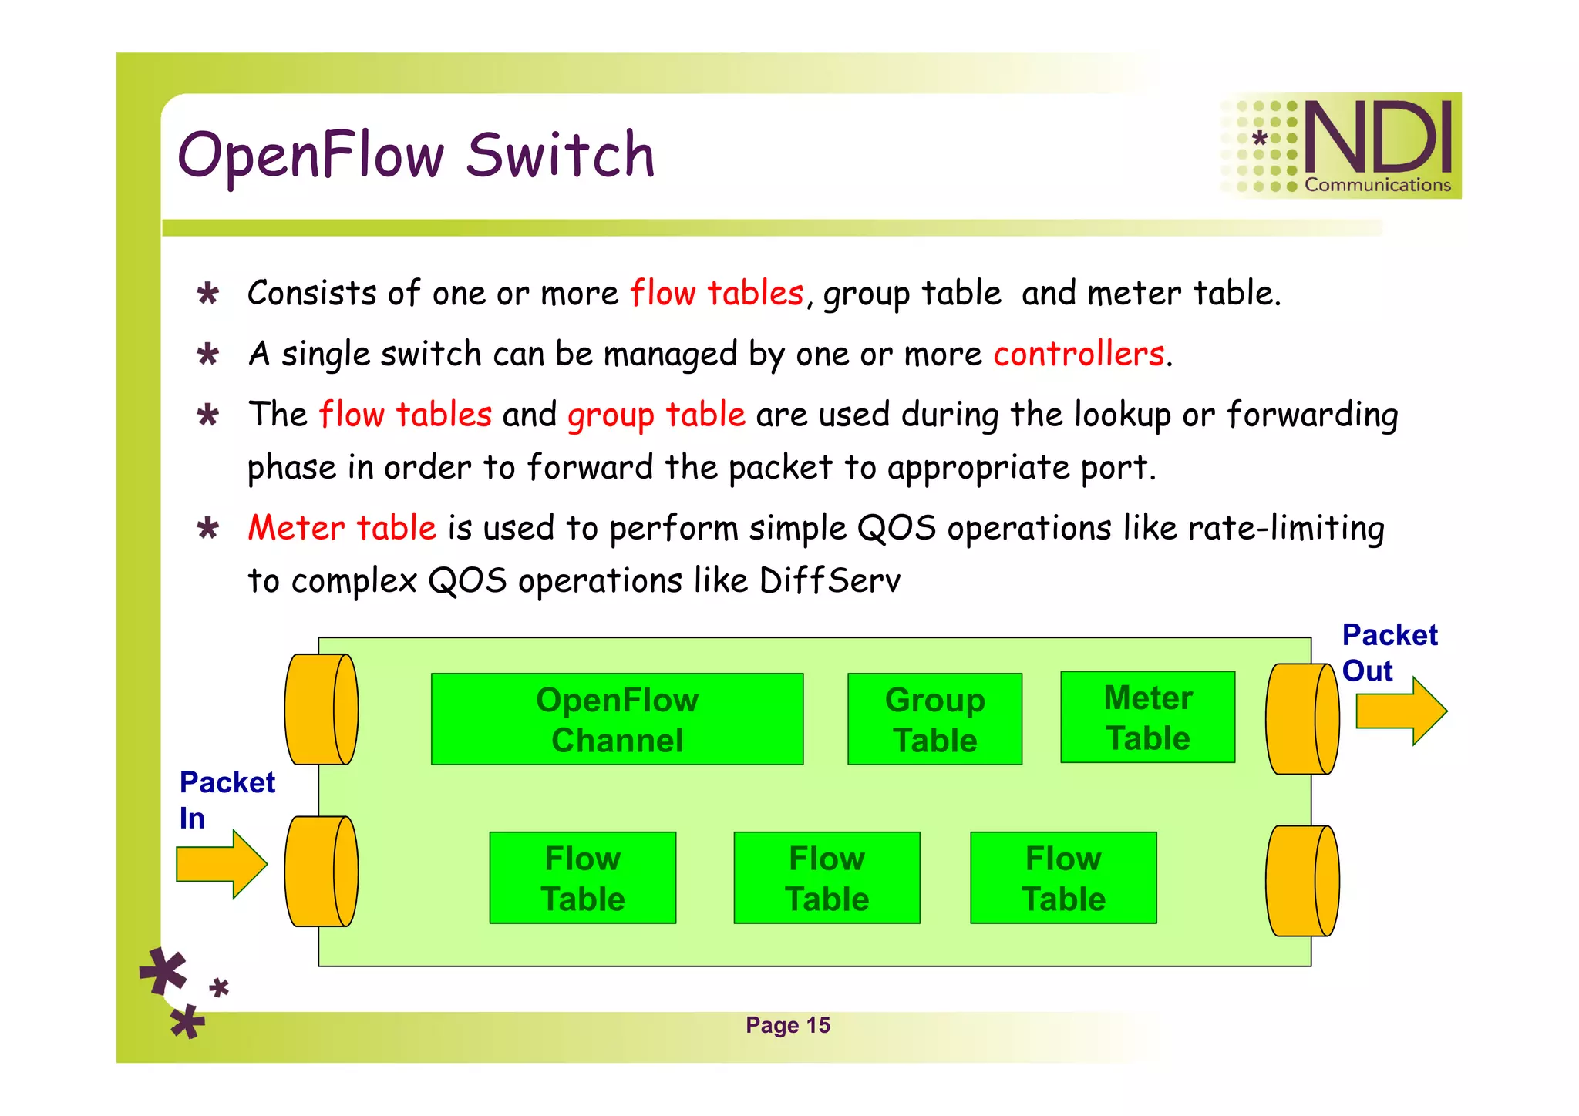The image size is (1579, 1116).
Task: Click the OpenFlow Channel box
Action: (x=617, y=719)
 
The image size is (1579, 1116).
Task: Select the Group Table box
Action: (x=934, y=719)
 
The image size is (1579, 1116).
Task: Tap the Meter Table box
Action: (x=1147, y=717)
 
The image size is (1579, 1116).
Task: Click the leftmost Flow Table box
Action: (x=582, y=877)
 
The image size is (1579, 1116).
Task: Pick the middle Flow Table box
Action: (x=827, y=877)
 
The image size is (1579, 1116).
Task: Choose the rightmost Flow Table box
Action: (x=1063, y=877)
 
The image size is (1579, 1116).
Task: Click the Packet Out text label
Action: (x=1389, y=652)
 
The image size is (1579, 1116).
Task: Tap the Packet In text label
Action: (x=227, y=799)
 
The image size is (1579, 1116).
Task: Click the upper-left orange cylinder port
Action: (x=322, y=709)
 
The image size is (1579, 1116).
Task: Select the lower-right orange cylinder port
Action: (x=1302, y=881)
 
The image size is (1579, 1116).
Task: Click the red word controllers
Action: (x=1078, y=354)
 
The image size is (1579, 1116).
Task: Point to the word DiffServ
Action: (x=830, y=580)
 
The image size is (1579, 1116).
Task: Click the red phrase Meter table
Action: (x=342, y=528)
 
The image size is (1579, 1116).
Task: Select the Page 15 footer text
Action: (x=787, y=1025)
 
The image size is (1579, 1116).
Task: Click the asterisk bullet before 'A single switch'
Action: (x=207, y=355)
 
